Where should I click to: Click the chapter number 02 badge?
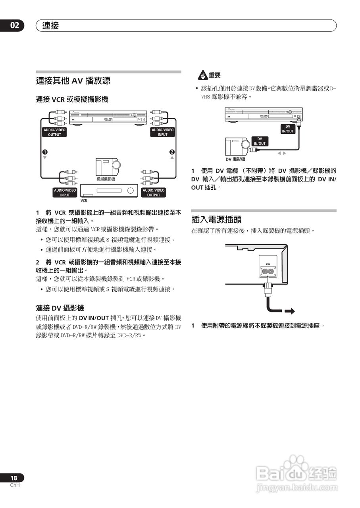[x=14, y=26]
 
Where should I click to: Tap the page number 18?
[x=14, y=478]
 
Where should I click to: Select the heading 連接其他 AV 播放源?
[x=73, y=81]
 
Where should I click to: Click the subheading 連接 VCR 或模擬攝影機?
[x=72, y=100]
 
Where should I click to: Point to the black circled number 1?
[x=45, y=152]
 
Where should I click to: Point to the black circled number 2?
[x=172, y=152]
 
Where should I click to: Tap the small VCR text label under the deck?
[x=84, y=200]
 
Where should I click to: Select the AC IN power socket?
[x=268, y=271]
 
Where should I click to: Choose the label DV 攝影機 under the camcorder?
[x=235, y=159]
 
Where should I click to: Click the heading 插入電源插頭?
[x=216, y=219]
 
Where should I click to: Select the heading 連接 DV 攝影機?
[x=60, y=308]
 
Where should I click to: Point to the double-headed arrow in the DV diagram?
[x=281, y=153]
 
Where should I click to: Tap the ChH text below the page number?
[x=15, y=485]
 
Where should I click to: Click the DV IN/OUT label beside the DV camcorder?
[x=260, y=141]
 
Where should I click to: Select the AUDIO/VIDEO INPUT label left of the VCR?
[x=65, y=192]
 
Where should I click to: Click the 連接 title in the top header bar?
[x=50, y=26]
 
